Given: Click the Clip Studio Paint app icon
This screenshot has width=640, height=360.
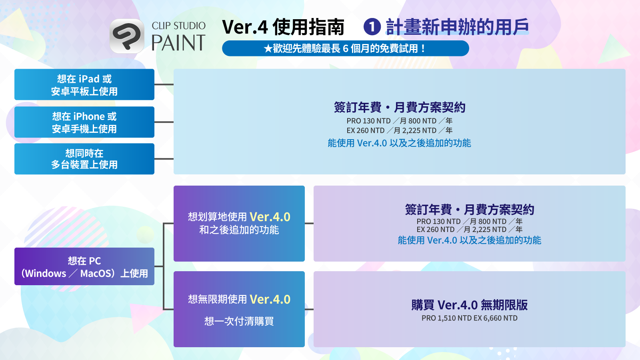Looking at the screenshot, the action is pos(127,36).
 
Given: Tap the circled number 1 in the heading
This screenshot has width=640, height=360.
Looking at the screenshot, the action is pos(372,27).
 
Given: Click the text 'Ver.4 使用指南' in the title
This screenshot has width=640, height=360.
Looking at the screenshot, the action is pos(283,27).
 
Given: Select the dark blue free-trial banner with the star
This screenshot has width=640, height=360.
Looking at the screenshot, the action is pos(346,48).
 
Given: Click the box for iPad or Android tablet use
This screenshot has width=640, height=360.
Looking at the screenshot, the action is pos(84,84).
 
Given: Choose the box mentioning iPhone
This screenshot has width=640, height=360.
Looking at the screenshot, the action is pos(84,122).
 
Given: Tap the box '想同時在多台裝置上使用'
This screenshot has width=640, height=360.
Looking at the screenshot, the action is pos(84,159).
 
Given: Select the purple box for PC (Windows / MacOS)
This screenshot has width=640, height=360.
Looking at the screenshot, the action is pos(84,266).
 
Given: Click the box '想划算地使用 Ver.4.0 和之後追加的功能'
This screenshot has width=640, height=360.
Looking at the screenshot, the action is pos(239,224).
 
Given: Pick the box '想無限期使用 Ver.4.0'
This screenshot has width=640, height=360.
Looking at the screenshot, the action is pos(239,309).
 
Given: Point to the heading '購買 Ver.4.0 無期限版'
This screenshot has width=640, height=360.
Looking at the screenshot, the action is pos(470,305).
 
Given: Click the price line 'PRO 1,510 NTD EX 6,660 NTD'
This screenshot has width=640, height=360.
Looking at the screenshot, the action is pos(470,318).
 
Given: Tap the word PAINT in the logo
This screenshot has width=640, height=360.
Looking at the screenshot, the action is pos(178,43).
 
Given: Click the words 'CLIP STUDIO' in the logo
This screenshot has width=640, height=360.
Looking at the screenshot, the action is pos(178,26).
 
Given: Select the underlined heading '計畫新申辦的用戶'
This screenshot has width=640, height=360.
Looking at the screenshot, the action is pos(457,27).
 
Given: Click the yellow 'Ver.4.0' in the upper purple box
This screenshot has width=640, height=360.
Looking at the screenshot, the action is pos(270,217).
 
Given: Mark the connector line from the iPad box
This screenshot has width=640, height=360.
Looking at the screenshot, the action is pos(164,84).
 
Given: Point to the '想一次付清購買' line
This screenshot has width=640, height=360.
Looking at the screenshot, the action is pos(239,321).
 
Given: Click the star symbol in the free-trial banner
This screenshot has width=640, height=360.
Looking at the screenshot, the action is pos(268,48).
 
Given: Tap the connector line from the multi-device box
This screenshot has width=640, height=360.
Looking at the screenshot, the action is pos(164,159).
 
